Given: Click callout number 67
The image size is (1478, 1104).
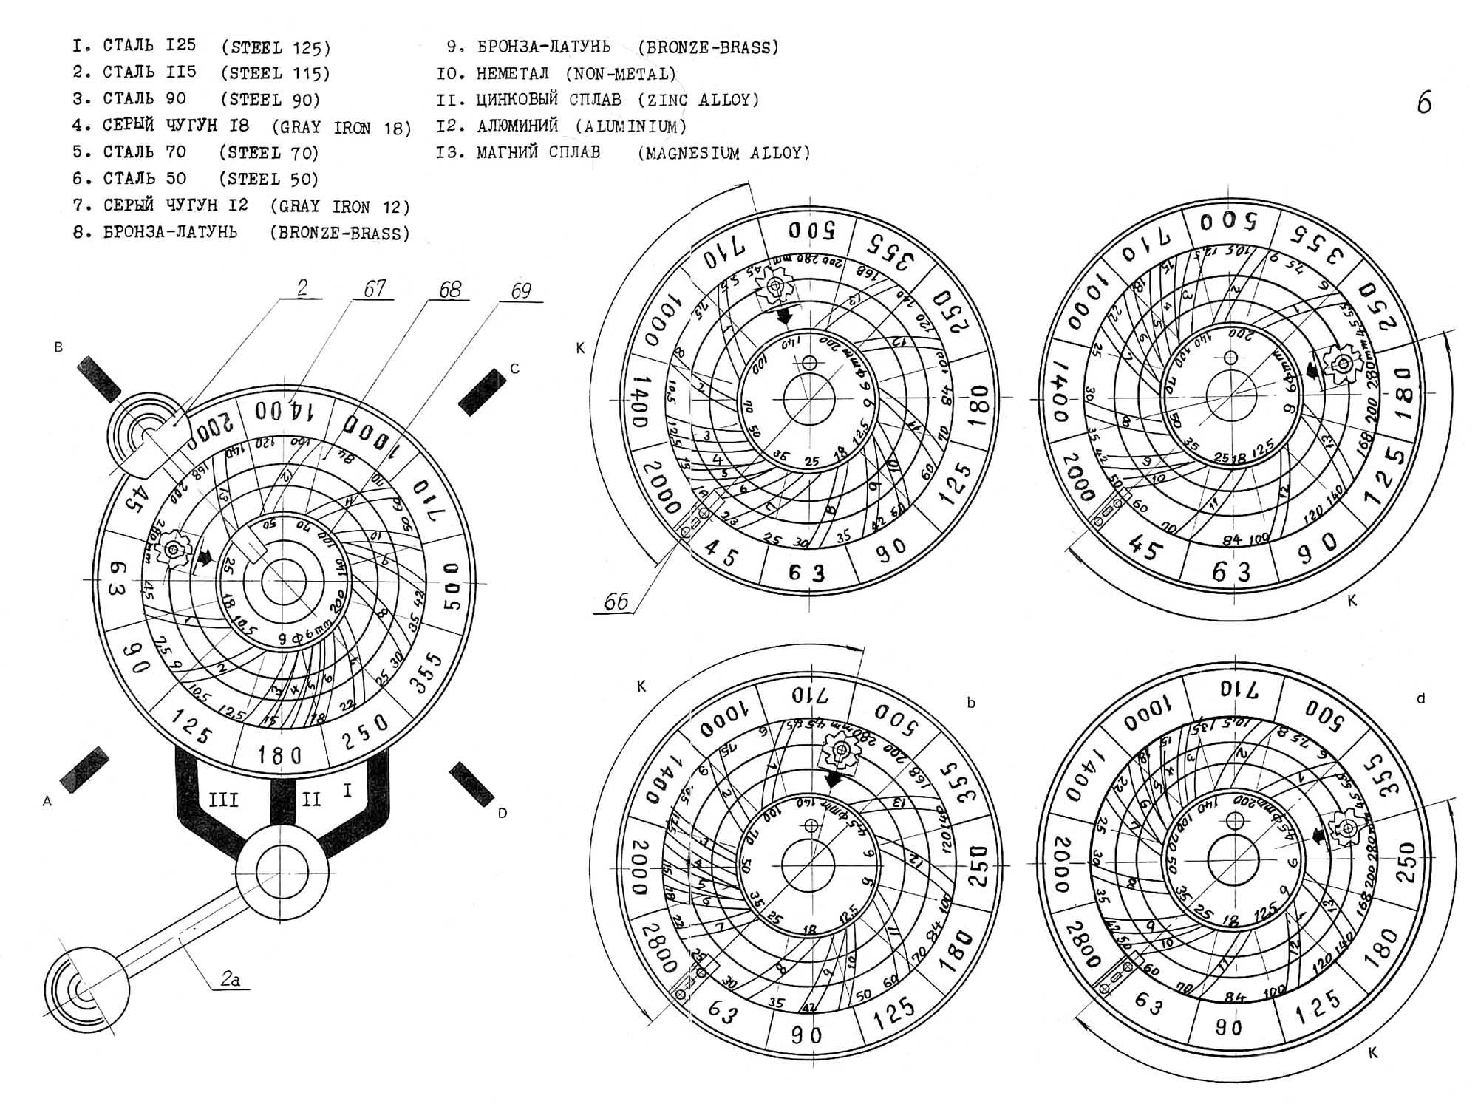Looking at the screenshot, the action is tap(375, 288).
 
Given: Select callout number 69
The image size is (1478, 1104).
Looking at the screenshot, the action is tap(521, 290).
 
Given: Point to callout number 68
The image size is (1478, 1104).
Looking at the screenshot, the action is tap(449, 290).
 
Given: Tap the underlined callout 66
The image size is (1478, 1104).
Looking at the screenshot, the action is tap(616, 602).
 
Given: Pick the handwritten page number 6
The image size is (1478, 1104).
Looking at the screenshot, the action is tap(1424, 103).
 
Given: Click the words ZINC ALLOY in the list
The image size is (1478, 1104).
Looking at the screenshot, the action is tap(698, 100).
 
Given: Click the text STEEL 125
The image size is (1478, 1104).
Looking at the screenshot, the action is tap(276, 48).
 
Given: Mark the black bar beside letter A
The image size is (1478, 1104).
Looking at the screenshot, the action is tap(84, 770).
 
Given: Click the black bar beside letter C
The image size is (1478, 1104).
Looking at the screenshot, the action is tap(477, 392).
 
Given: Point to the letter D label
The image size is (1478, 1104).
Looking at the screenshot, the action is tap(503, 814).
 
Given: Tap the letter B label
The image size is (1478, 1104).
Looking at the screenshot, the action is tap(58, 347).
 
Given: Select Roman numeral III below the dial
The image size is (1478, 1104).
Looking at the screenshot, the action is tap(223, 800).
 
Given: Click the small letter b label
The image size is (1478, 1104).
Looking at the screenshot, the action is tap(971, 703).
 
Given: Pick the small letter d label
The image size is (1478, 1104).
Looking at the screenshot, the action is tap(1420, 698).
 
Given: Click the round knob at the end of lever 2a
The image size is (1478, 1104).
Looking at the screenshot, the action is tap(86, 989).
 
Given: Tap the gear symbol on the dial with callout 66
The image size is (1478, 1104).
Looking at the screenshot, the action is tap(775, 285).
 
